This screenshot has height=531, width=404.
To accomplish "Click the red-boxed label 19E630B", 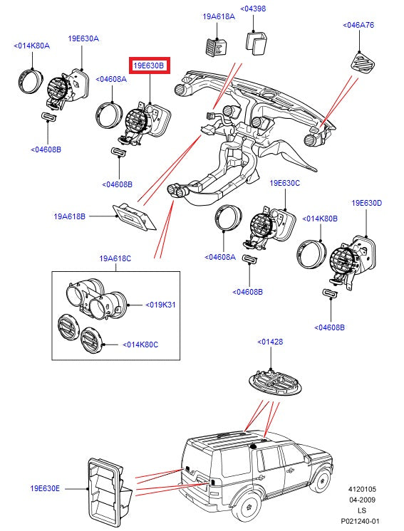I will [x=150, y=66].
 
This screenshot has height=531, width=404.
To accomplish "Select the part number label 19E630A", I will [x=83, y=38].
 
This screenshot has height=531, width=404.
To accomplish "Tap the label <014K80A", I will [x=32, y=46].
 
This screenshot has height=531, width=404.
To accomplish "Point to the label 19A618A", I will [x=218, y=16].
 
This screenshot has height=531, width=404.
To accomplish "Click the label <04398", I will [x=253, y=9].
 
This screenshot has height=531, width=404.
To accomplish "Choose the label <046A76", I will [x=358, y=24].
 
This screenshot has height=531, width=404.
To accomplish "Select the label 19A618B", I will [x=69, y=216].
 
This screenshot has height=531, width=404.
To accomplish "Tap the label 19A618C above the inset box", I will [x=115, y=258].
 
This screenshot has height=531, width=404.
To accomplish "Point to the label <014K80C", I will [x=141, y=345].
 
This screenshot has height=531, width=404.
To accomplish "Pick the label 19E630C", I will [x=284, y=183].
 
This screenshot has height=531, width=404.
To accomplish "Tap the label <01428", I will [x=270, y=342].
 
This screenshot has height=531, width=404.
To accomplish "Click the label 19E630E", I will [x=45, y=489].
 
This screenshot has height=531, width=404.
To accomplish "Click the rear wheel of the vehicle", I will [x=249, y=510].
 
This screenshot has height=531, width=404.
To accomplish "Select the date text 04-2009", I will [x=362, y=500].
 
